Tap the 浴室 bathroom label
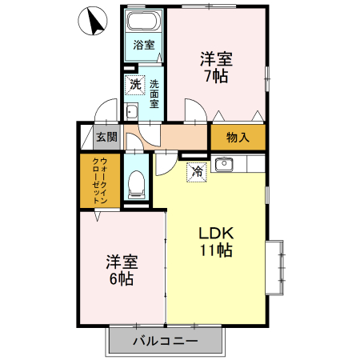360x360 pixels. (144, 46)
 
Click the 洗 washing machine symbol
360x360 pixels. (135, 84)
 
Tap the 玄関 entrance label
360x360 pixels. (106, 137)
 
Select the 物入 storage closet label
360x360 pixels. (238, 137)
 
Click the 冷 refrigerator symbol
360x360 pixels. (197, 170)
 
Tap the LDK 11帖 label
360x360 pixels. (216, 241)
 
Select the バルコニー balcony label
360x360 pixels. (166, 342)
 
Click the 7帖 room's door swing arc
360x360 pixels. (194, 110)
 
